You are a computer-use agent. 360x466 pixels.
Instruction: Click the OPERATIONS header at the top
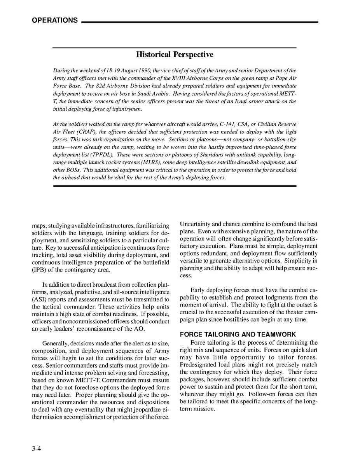(x=55, y=21)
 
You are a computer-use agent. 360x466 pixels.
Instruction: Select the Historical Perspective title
(x=175, y=55)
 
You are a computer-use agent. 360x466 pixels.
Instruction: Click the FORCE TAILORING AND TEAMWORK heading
(x=238, y=335)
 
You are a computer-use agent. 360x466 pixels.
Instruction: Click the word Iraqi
(x=233, y=102)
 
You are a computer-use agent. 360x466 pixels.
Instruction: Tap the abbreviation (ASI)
(x=40, y=300)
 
